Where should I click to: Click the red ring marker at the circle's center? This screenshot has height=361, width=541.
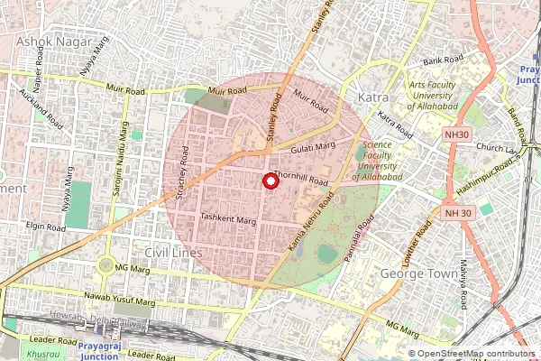pyautogui.click(x=269, y=181)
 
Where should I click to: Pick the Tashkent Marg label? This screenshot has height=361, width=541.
pyautogui.click(x=229, y=218)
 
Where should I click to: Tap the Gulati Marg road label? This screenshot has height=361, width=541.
pyautogui.click(x=314, y=146)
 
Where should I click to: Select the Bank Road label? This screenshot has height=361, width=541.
pyautogui.click(x=445, y=60)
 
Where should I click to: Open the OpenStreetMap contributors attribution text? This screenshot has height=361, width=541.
pyautogui.click(x=476, y=354)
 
